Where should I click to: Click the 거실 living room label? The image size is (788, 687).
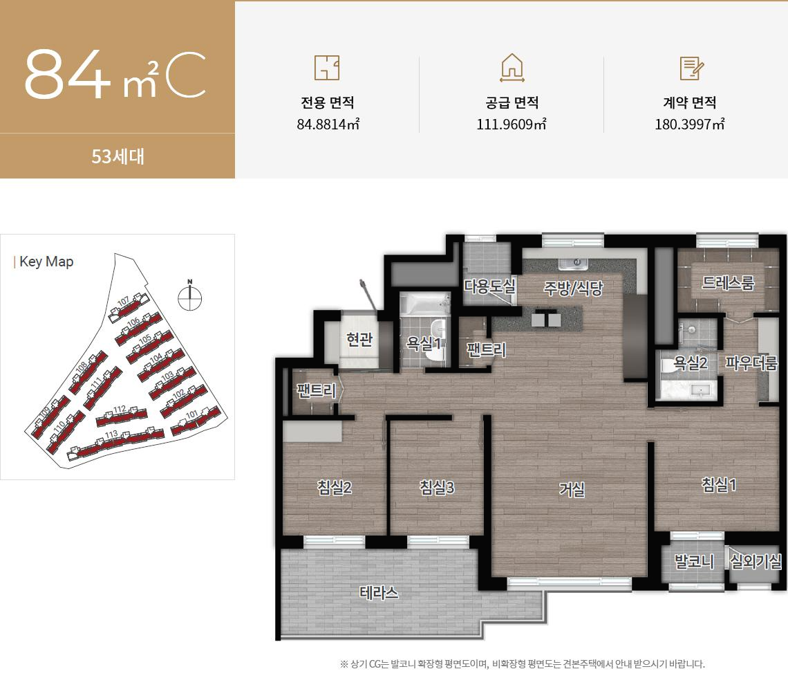coord(572,490)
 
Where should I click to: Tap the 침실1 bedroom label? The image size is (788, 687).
coord(718,485)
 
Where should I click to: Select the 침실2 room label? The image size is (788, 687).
coord(335,488)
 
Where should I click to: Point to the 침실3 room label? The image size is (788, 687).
coord(437,488)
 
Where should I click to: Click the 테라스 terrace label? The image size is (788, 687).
coord(379,593)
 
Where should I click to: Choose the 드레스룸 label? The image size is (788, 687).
coord(728,282)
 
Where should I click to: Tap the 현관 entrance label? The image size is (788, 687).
coord(359,339)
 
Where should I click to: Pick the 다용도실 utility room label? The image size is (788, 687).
coord(490,286)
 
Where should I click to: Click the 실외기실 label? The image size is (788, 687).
coord(756,561)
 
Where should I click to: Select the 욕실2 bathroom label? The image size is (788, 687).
coord(691,362)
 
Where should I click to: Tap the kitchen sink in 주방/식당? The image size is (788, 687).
coord(572,264)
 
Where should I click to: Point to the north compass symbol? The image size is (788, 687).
coord(189,295)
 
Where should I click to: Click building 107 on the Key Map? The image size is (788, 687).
coord(131,305)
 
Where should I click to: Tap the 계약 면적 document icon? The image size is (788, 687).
coord(691,68)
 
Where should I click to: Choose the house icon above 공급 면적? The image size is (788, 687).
coord(512,68)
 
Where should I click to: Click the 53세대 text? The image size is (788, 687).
coord(118,156)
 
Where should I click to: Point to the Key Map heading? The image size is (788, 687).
coord(46,262)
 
